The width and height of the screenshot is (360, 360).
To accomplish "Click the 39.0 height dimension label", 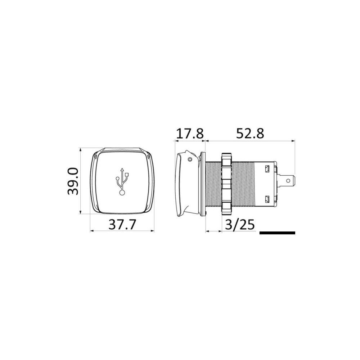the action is (x=73, y=181).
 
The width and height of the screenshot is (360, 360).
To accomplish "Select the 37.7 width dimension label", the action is (x=122, y=224).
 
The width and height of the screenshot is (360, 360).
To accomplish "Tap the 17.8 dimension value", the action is (x=190, y=134).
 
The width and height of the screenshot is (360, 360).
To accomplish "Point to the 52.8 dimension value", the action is (x=250, y=134).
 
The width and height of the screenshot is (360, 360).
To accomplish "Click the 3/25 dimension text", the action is (x=240, y=224).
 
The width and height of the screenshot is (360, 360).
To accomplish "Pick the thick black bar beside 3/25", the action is (x=277, y=233).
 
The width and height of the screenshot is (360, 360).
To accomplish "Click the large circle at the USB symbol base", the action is (x=122, y=193).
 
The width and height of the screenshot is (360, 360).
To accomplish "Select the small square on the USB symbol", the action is (x=127, y=174).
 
